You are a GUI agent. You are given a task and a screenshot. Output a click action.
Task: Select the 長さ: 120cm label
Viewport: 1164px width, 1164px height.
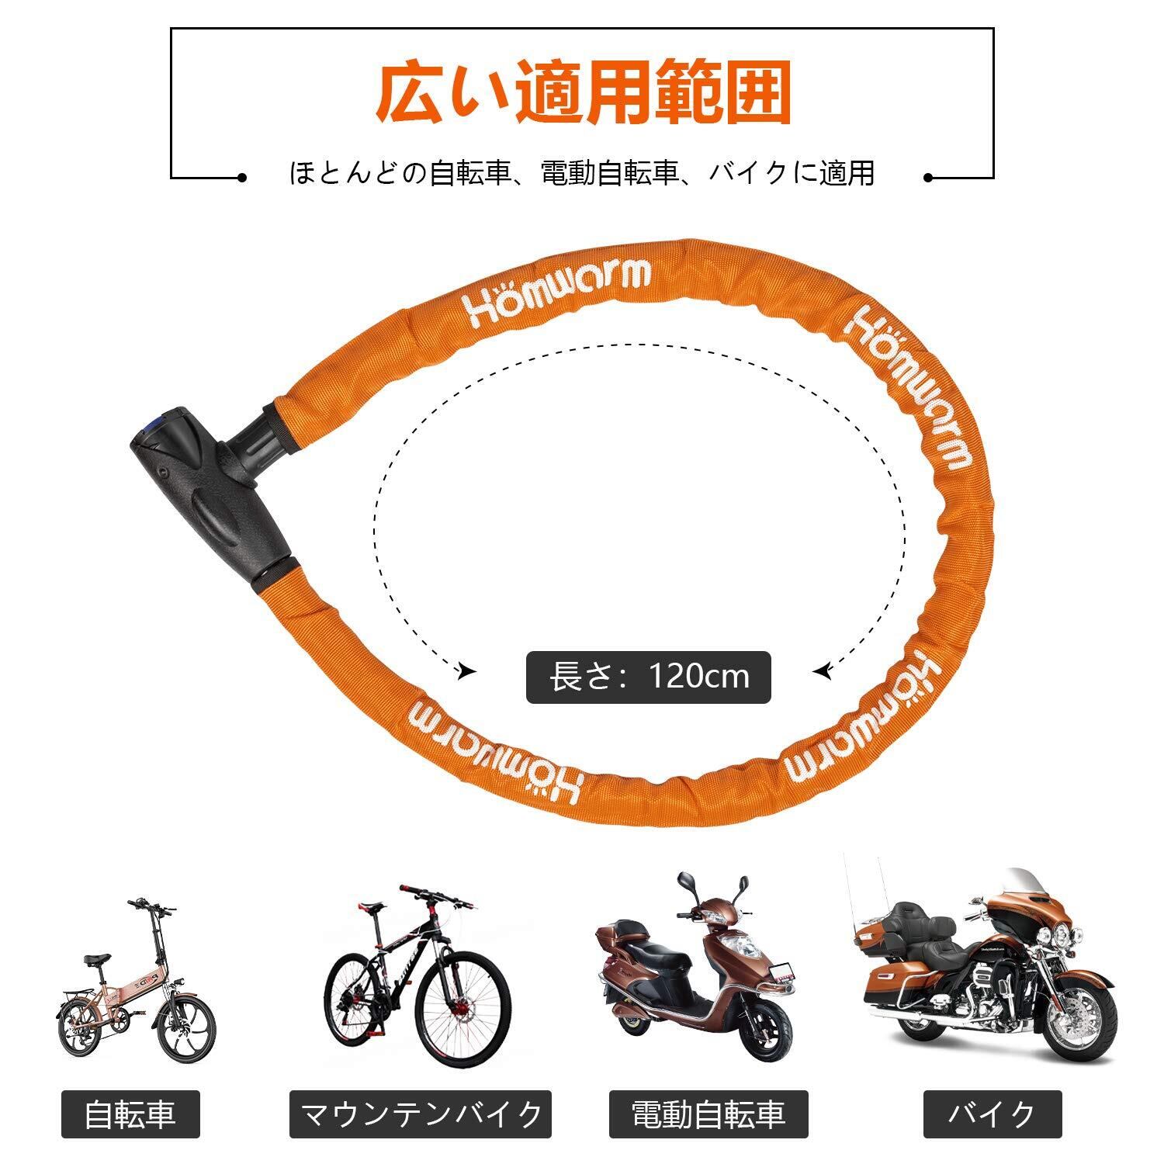(649, 677)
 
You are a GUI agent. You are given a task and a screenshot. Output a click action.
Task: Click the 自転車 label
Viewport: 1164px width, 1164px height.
(130, 1115)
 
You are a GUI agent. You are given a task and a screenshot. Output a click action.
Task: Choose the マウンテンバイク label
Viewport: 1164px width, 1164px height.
(421, 1115)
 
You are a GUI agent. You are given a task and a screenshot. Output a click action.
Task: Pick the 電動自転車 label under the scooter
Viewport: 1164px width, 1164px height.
(708, 1115)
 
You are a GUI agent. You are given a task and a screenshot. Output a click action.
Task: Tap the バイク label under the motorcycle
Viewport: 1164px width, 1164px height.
(993, 1115)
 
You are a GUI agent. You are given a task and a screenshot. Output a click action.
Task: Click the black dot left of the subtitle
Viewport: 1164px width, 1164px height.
(243, 178)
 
